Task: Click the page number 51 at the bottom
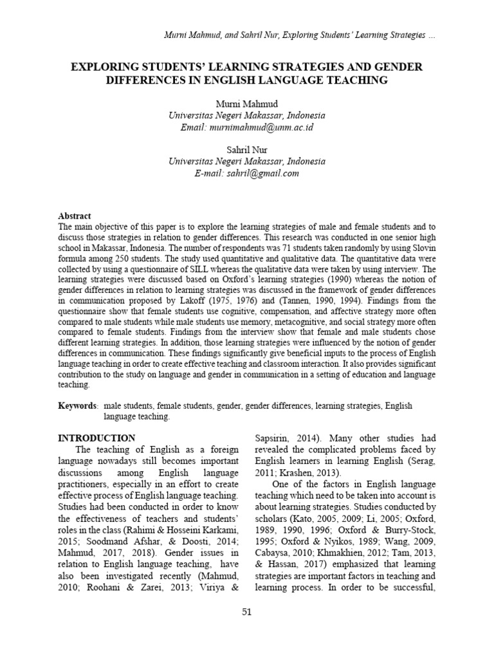[x=246, y=611]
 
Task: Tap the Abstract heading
[x=75, y=216]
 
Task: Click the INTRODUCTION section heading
[x=96, y=438]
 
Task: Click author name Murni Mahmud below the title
[x=247, y=104]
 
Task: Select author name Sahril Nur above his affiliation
[x=247, y=150]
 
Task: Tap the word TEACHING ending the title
[x=356, y=80]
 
